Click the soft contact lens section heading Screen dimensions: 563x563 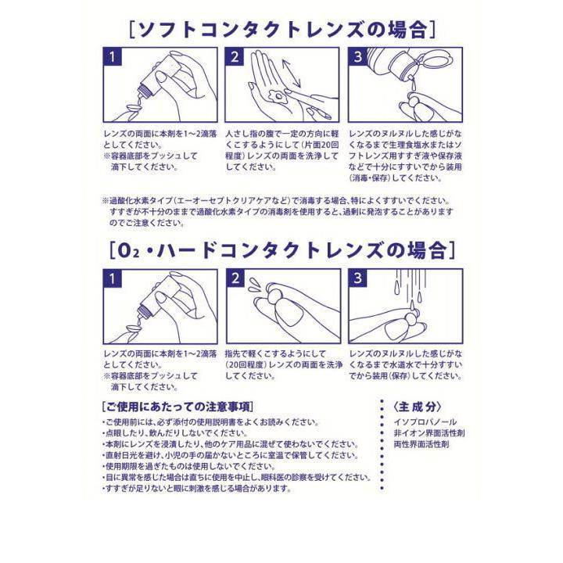pos(281,30)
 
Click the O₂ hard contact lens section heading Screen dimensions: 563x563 pos(281,249)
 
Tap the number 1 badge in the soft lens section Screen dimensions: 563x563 pos(113,57)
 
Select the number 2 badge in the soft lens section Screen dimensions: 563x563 pos(235,57)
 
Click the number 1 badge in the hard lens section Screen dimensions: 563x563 pos(113,278)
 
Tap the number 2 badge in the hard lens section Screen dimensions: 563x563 pos(235,278)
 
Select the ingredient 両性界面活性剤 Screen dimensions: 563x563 pos(419,443)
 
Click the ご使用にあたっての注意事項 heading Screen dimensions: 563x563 pos(178,407)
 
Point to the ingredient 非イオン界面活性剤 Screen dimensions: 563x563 pos(429,432)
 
